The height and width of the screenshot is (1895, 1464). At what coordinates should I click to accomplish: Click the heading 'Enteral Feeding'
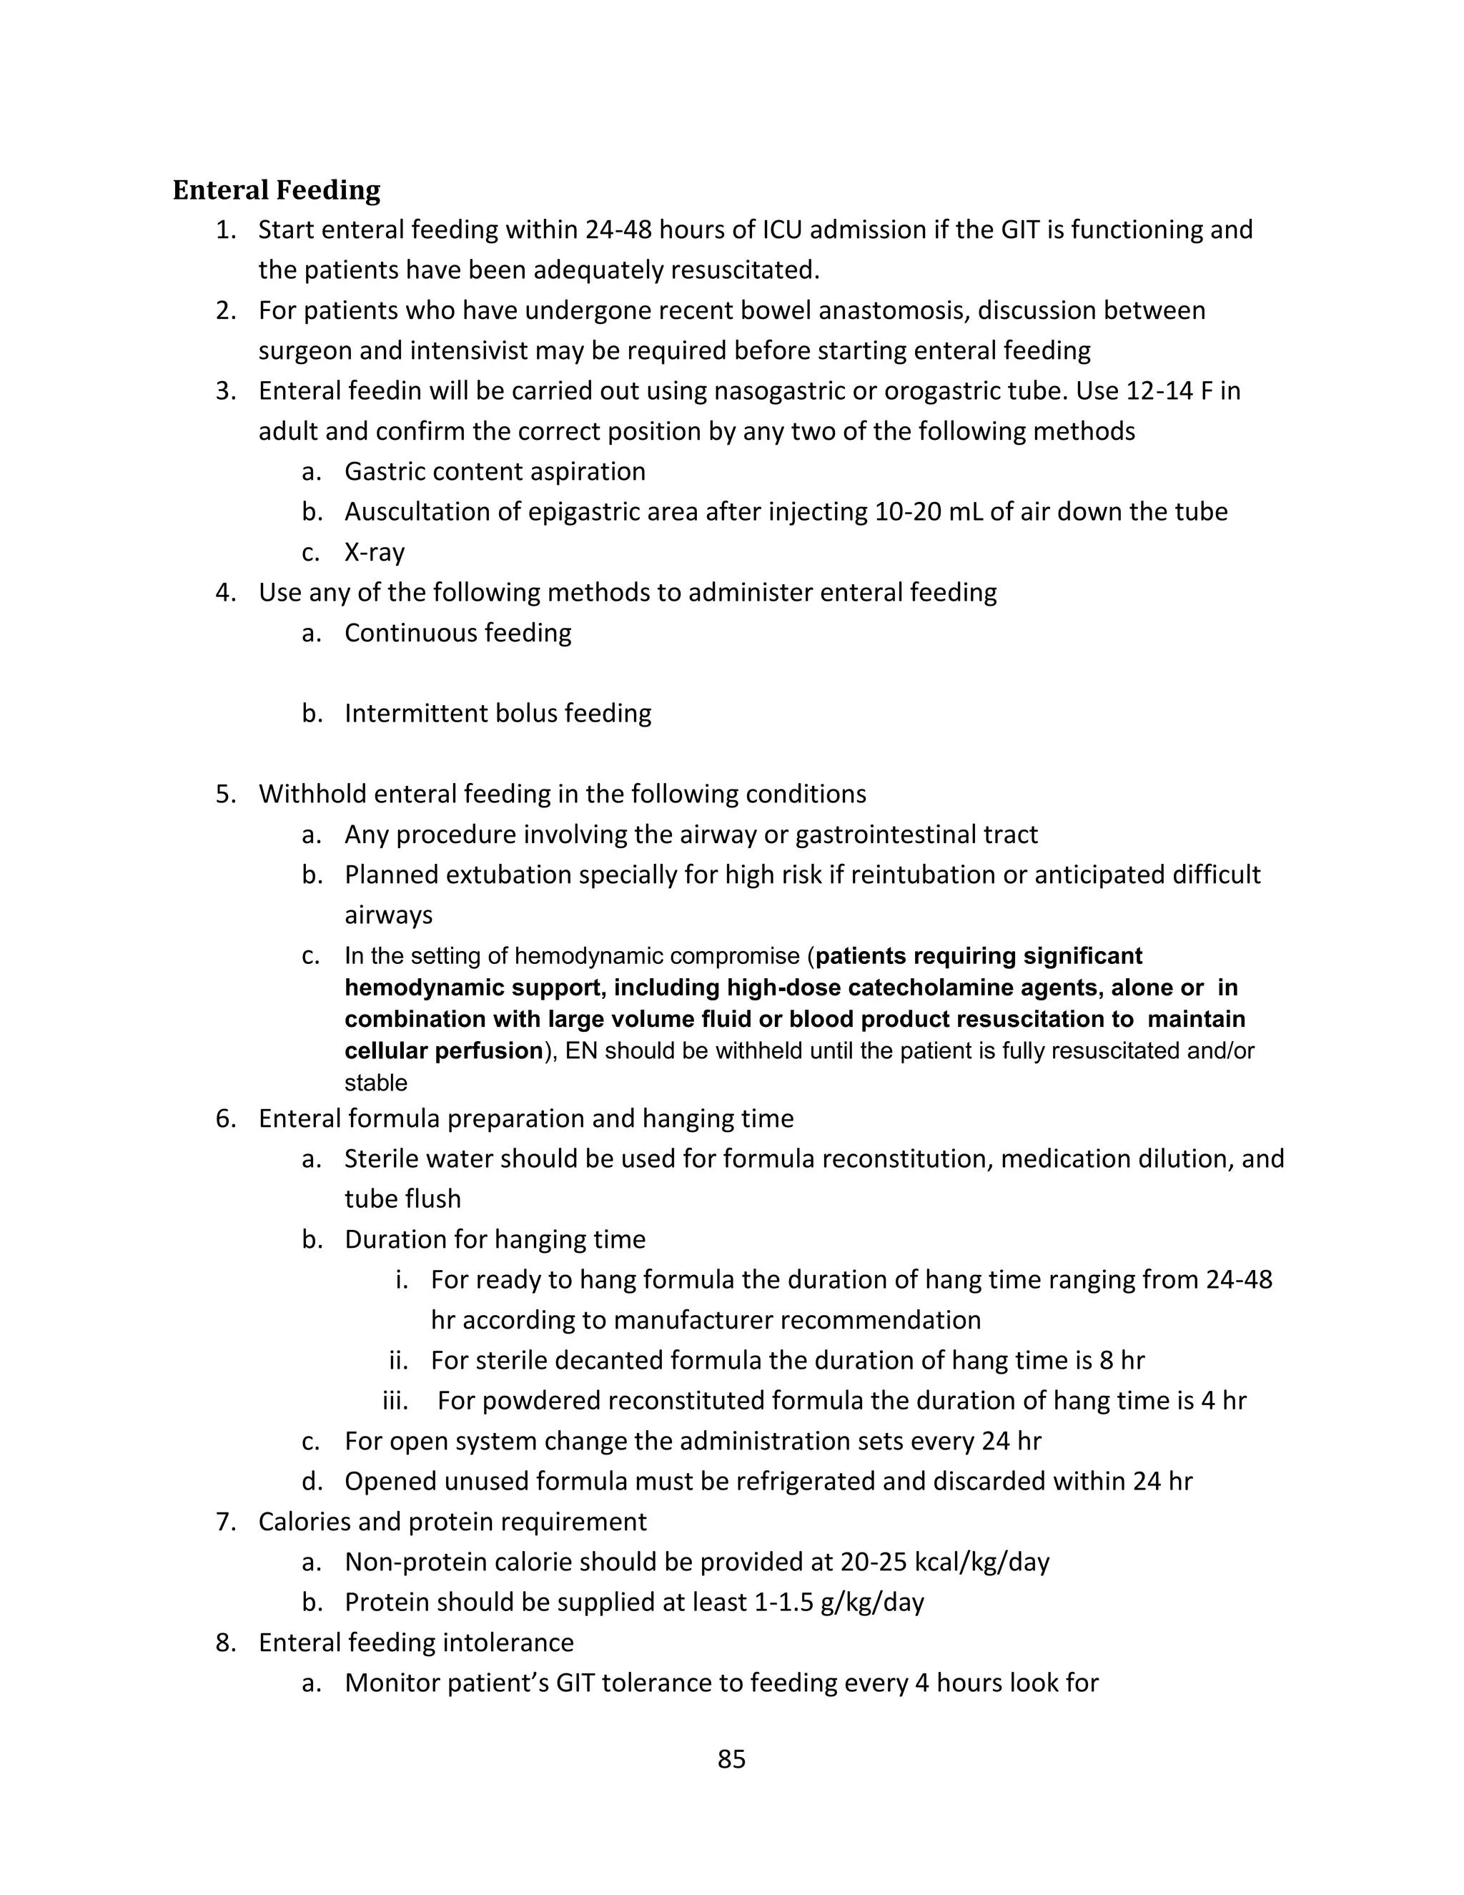276,190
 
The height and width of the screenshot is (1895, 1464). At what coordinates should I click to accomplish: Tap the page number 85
731,1759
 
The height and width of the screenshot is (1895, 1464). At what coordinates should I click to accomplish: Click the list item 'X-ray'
374,553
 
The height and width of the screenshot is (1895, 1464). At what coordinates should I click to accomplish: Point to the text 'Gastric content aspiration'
495,472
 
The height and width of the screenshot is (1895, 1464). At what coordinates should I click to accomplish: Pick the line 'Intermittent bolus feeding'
497,713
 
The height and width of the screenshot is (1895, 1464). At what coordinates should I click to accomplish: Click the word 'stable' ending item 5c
375,1083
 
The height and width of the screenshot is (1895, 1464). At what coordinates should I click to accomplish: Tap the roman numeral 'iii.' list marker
395,1400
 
